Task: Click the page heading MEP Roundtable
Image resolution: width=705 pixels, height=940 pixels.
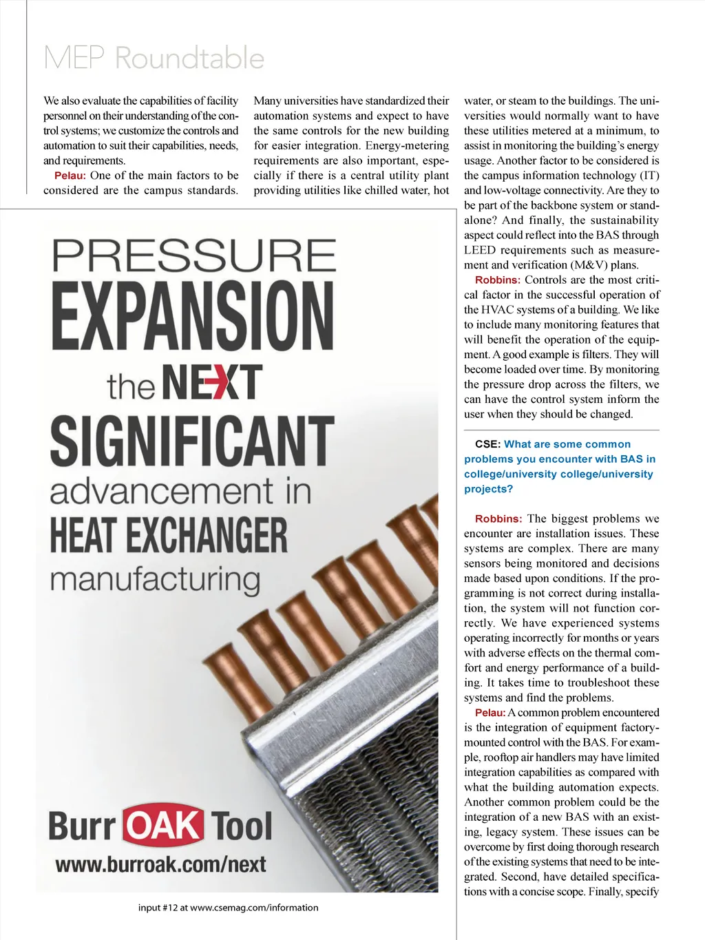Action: [x=154, y=58]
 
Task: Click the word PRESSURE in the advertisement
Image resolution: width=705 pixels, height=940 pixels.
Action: [x=194, y=256]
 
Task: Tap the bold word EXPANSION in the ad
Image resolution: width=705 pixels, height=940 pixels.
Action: [x=193, y=317]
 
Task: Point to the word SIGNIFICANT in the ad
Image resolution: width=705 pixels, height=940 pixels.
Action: [x=192, y=441]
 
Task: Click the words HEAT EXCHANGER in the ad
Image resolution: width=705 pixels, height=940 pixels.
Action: [x=169, y=536]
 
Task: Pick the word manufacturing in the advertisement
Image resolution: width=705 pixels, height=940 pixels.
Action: [x=155, y=580]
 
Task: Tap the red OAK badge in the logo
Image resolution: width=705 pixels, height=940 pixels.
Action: [x=163, y=825]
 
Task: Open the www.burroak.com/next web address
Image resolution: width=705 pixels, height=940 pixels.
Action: [x=160, y=864]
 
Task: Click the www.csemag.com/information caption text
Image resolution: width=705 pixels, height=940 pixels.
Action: [x=254, y=908]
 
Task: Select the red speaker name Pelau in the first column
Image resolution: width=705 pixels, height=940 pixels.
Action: [x=70, y=176]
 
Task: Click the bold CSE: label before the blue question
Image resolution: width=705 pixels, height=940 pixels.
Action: [x=487, y=444]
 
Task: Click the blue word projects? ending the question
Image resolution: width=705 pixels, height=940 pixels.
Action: [x=488, y=489]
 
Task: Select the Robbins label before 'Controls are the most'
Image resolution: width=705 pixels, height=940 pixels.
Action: [x=497, y=280]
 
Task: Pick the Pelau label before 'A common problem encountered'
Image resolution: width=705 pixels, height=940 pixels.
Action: [x=490, y=713]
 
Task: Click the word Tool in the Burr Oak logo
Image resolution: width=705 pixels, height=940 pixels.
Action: [x=242, y=826]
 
